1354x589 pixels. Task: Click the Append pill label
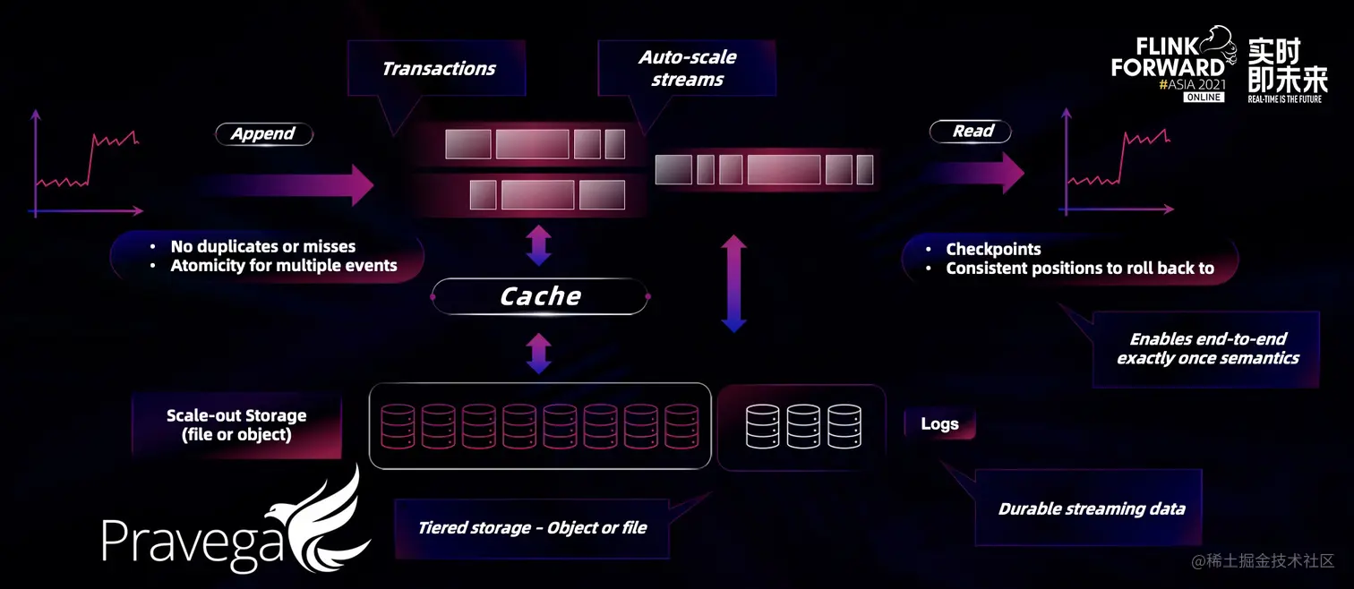[263, 133]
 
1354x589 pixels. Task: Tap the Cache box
[540, 296]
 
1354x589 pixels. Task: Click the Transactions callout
[439, 69]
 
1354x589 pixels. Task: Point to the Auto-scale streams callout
[687, 68]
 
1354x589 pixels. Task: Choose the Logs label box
[939, 424]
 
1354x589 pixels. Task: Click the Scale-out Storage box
[236, 425]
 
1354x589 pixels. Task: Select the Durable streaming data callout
[1091, 508]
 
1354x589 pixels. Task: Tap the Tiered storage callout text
[532, 527]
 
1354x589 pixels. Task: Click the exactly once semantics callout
[1207, 348]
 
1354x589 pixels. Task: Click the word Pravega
[193, 542]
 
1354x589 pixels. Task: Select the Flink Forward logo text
[1168, 59]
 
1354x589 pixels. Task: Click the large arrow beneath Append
[286, 184]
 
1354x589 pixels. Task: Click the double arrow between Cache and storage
[538, 354]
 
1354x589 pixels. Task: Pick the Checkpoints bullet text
[993, 249]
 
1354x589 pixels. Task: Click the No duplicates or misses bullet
[262, 246]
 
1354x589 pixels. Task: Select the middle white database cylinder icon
[803, 426]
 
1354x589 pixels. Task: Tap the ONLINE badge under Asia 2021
[1203, 97]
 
